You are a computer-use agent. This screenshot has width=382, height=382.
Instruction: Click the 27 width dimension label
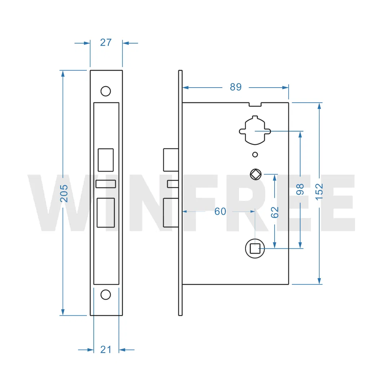tap(106, 43)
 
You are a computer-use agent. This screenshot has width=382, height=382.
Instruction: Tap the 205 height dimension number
tap(63, 193)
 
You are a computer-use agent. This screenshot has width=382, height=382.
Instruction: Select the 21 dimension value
tap(106, 349)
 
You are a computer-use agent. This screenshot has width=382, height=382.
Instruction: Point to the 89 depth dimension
tap(236, 87)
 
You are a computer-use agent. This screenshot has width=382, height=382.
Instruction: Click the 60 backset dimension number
tap(220, 212)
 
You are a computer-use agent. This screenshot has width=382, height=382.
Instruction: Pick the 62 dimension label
tap(275, 212)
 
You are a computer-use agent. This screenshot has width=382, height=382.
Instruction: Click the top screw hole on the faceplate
tap(106, 91)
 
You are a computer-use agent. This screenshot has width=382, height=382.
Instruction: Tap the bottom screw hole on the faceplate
tap(106, 294)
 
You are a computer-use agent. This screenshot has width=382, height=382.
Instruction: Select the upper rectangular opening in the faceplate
tap(106, 160)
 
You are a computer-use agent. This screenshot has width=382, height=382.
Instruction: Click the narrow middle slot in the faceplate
tap(106, 184)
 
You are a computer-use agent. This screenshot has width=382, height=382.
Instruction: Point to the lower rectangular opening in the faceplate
tap(106, 213)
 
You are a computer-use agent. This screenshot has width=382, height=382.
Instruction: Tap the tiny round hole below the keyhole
tap(255, 155)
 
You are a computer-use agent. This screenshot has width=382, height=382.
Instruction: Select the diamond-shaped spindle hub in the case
tap(256, 174)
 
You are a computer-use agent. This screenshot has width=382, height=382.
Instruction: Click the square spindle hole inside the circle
tap(255, 248)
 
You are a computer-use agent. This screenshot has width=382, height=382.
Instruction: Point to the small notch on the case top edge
tap(255, 105)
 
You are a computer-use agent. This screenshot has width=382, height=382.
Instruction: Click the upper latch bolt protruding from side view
tap(170, 160)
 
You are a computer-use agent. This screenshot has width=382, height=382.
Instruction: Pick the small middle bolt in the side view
tap(173, 184)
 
